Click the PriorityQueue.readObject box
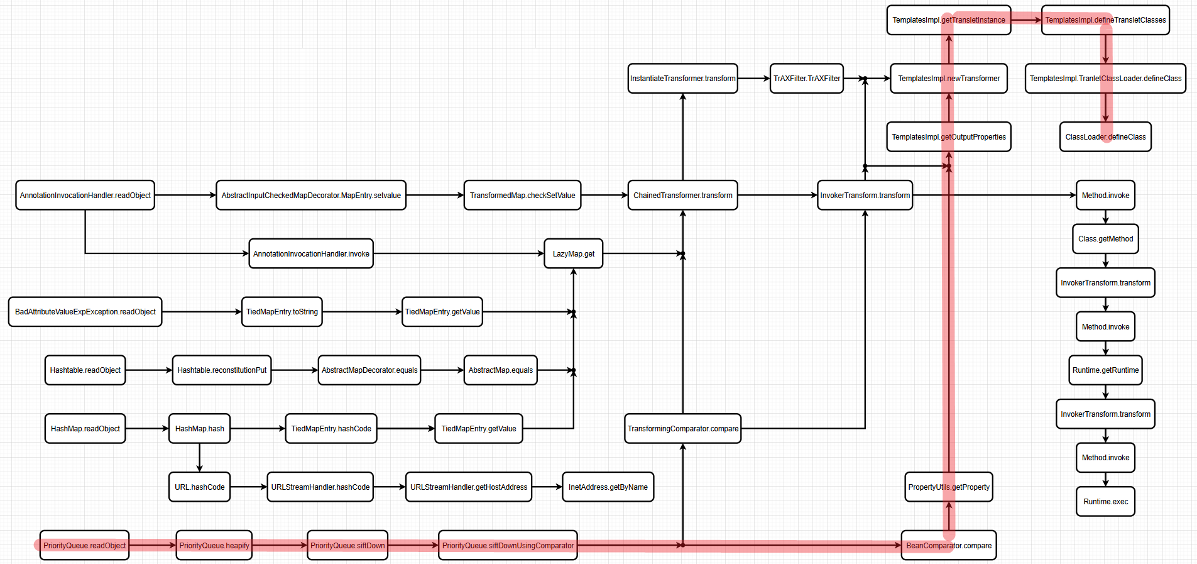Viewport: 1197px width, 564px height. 85,545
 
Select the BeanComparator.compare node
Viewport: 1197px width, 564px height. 949,545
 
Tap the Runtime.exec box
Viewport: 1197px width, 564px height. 1105,501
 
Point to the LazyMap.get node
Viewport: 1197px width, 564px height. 573,253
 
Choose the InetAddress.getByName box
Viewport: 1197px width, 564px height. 608,487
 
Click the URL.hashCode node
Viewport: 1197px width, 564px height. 199,487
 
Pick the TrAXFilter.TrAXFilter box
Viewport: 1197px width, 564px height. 806,79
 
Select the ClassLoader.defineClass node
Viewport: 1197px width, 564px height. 1105,136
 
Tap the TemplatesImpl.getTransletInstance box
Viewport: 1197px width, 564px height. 948,20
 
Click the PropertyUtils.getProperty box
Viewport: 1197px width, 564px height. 949,487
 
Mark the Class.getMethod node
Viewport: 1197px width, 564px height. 1105,239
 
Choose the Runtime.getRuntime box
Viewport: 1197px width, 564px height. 1105,370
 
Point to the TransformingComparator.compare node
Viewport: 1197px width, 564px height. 682,428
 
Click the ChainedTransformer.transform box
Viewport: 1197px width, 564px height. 682,195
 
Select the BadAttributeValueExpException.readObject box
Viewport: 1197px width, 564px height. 85,312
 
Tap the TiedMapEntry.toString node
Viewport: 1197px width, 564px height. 281,312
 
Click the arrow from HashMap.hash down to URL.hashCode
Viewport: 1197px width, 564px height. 199,458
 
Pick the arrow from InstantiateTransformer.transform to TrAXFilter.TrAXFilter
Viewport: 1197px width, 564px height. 753,79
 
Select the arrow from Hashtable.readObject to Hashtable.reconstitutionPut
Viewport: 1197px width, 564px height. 148,370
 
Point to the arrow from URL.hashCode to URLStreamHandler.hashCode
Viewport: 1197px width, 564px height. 248,487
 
